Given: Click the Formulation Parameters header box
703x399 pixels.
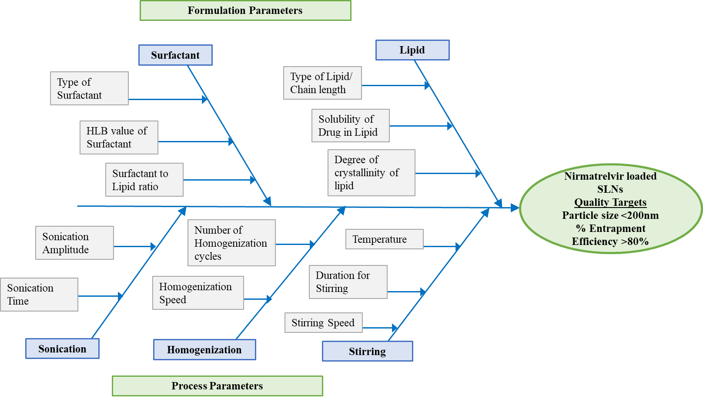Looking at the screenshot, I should [x=245, y=10].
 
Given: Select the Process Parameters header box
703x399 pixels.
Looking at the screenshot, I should [x=218, y=386].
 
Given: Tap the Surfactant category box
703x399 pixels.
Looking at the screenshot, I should [x=175, y=55].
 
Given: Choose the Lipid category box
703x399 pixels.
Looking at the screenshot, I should [x=412, y=50].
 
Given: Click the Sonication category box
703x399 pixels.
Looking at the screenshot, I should [x=62, y=349].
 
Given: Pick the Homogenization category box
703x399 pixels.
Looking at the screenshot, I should [x=204, y=350].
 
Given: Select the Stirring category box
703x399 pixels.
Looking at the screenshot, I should [x=367, y=352].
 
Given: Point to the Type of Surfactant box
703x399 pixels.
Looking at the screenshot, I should [x=89, y=88].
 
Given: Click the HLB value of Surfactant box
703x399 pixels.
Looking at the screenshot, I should [x=119, y=137].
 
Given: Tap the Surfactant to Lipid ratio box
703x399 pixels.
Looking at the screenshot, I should [x=144, y=180].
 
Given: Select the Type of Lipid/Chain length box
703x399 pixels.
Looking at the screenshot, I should [x=322, y=83].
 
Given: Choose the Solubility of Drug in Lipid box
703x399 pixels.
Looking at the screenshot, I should [x=350, y=126].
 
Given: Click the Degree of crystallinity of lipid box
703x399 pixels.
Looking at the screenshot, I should [x=371, y=173].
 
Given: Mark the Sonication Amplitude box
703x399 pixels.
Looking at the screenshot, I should [x=74, y=243].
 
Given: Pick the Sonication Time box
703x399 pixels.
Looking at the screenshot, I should [x=39, y=295].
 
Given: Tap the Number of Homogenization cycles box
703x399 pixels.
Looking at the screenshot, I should [x=231, y=243].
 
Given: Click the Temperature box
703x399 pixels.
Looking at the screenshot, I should [x=384, y=239].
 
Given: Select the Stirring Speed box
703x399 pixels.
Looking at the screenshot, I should [x=323, y=323].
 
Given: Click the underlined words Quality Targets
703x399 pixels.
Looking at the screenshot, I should [x=610, y=202].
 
